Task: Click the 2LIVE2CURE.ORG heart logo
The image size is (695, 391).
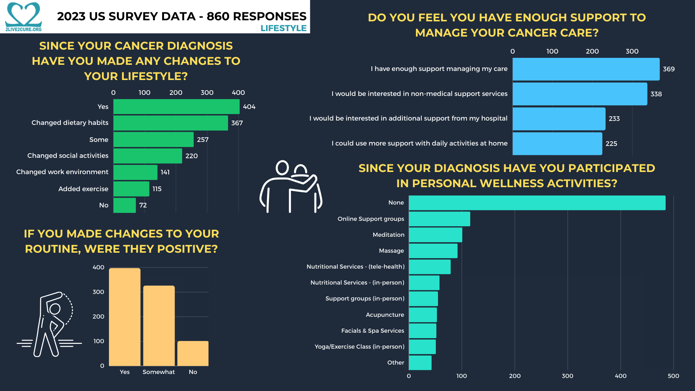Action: pyautogui.click(x=24, y=16)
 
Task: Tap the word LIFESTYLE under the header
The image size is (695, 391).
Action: pyautogui.click(x=283, y=28)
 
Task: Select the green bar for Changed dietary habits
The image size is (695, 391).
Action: pyautogui.click(x=170, y=123)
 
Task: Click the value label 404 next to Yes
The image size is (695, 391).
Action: pyautogui.click(x=249, y=107)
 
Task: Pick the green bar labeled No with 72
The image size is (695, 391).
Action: pyautogui.click(x=125, y=205)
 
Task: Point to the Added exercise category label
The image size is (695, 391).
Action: pyautogui.click(x=83, y=189)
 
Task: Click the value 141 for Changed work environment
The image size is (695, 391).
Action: pyautogui.click(x=165, y=172)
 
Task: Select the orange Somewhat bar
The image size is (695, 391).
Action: pyautogui.click(x=159, y=326)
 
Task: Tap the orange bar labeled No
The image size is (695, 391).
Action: pyautogui.click(x=193, y=353)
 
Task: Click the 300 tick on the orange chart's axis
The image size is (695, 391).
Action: pyautogui.click(x=98, y=292)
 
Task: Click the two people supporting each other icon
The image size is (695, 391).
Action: pyautogui.click(x=291, y=186)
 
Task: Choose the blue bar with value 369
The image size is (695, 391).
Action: pyautogui.click(x=586, y=69)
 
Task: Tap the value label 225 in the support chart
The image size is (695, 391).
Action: pyautogui.click(x=611, y=144)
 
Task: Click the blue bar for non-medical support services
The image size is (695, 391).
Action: pyautogui.click(x=580, y=94)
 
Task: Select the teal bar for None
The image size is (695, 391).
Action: pyautogui.click(x=537, y=203)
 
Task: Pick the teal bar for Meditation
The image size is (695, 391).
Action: pyautogui.click(x=435, y=235)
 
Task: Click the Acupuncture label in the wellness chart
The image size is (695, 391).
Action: pyautogui.click(x=385, y=315)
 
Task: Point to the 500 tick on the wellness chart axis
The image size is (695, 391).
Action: pyautogui.click(x=673, y=376)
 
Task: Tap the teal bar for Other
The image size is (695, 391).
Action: pyautogui.click(x=420, y=363)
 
